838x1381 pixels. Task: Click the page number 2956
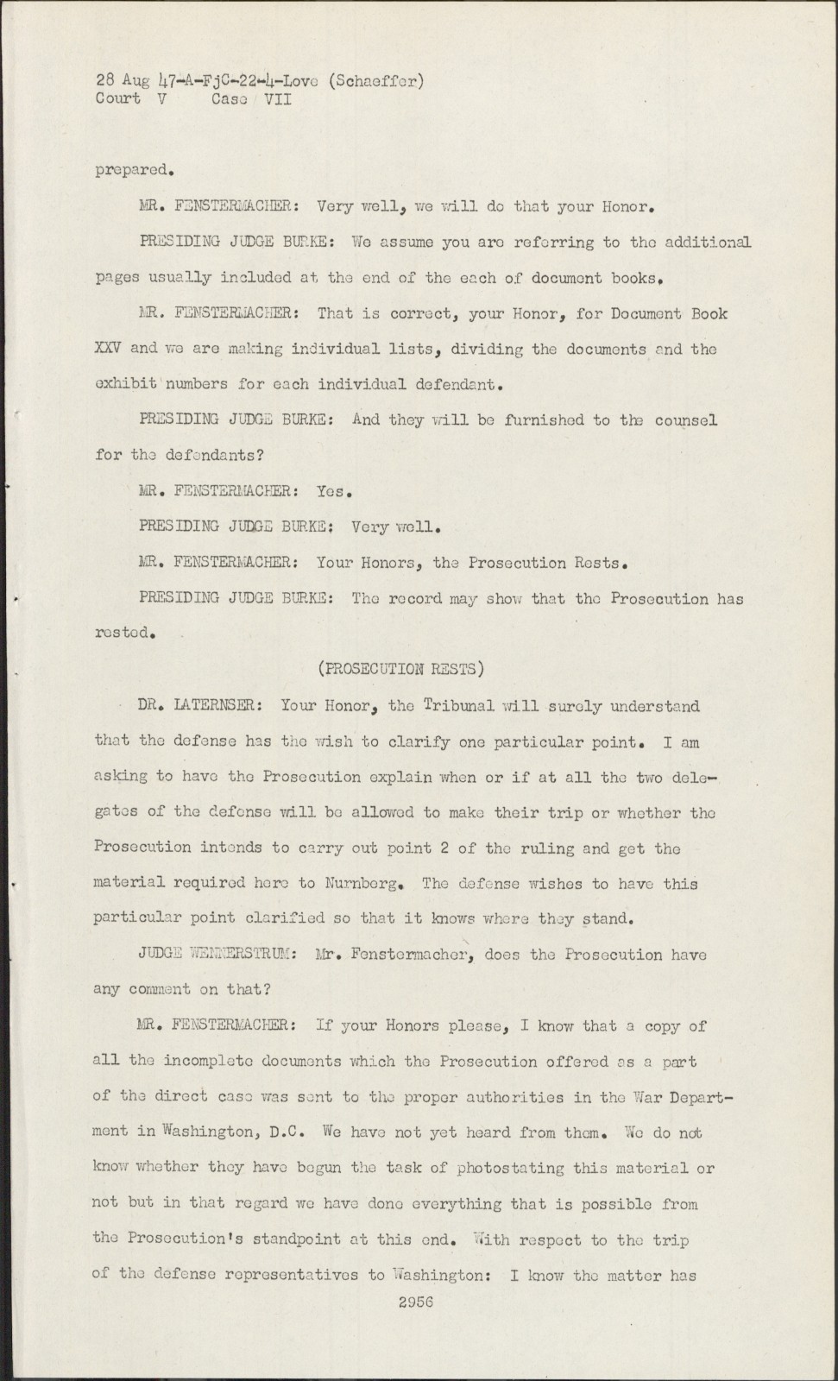click(416, 1302)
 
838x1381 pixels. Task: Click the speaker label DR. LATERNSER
click(196, 705)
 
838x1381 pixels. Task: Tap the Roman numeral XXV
click(109, 349)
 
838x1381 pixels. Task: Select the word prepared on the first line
click(127, 171)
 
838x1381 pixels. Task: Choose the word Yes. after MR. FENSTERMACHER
click(331, 491)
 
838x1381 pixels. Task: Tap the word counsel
click(685, 420)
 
